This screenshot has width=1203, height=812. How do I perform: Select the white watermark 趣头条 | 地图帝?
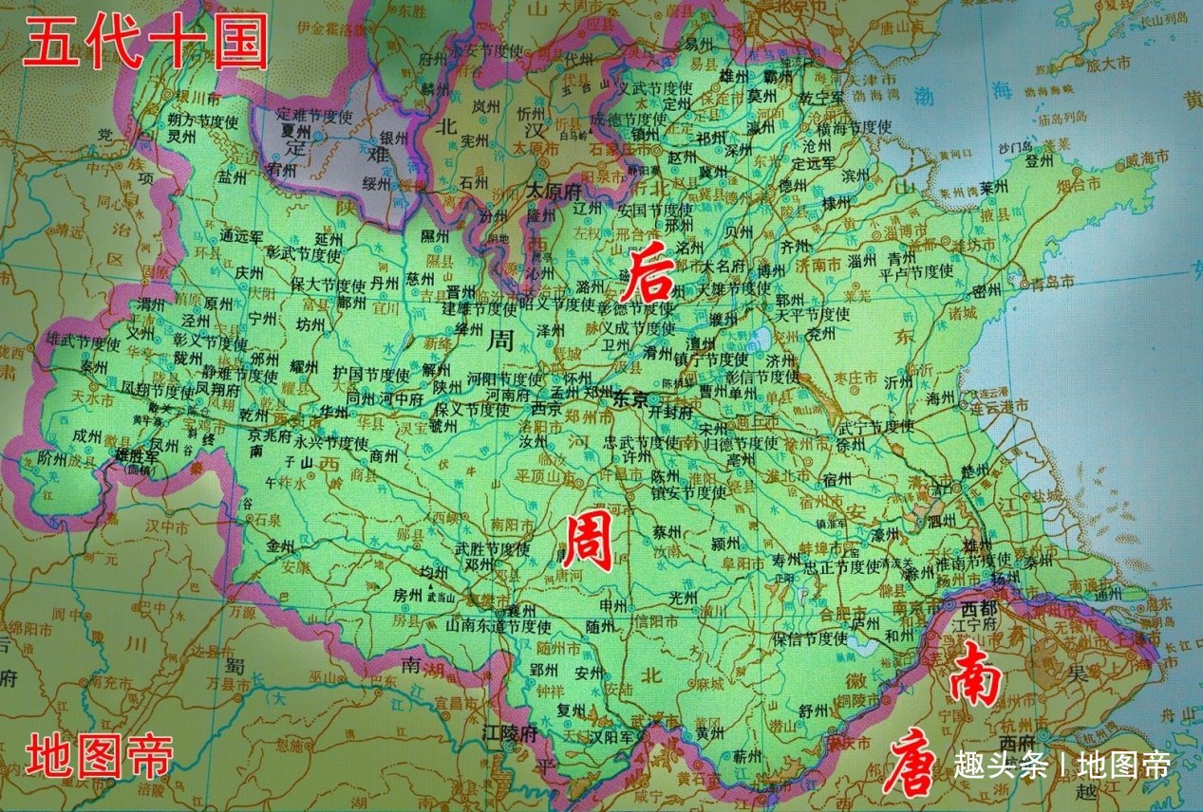pyautogui.click(x=1062, y=765)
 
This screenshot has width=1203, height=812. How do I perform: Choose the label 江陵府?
pyautogui.click(x=510, y=733)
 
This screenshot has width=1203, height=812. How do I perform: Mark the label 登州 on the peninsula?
pyautogui.click(x=1040, y=161)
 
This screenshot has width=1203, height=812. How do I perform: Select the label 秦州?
pyautogui.click(x=93, y=365)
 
